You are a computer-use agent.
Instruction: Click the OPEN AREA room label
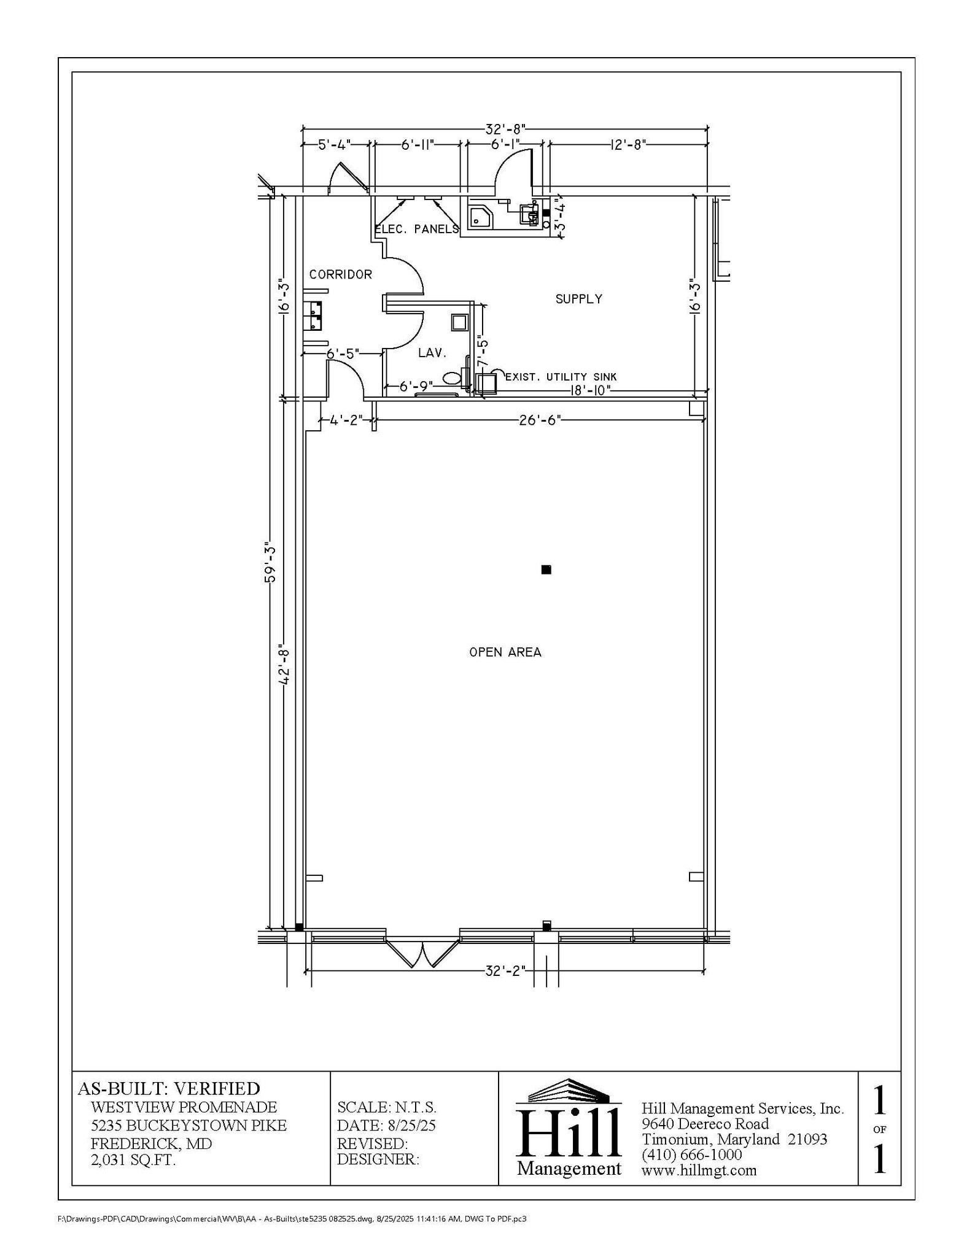point(505,652)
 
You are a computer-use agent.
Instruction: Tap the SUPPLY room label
point(578,299)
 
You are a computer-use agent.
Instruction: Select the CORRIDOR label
point(340,274)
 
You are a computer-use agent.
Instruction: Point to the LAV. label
point(432,353)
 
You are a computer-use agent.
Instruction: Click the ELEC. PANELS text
point(417,229)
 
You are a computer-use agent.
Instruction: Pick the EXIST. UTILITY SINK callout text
point(561,377)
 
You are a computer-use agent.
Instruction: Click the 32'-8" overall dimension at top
point(505,130)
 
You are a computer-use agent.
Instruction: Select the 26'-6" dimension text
point(540,420)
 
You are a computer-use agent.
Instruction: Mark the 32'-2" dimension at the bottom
point(505,970)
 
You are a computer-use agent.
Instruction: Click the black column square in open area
point(546,570)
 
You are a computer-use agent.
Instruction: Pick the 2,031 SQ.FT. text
point(133,1160)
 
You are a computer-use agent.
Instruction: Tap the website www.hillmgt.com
point(699,1170)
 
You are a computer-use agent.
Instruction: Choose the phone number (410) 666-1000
point(691,1155)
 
